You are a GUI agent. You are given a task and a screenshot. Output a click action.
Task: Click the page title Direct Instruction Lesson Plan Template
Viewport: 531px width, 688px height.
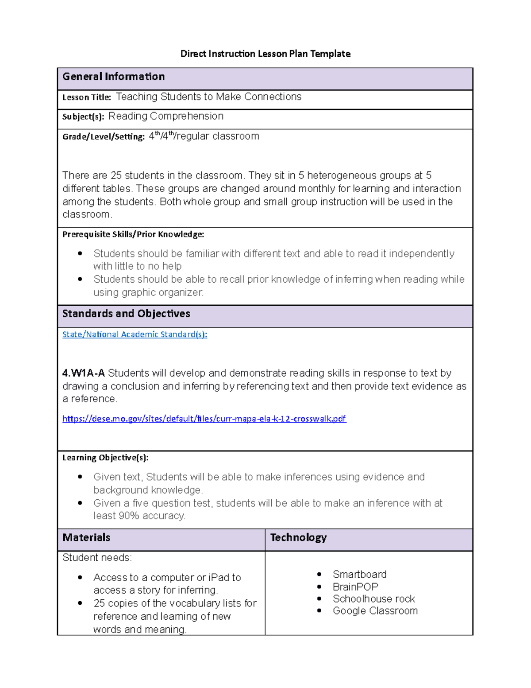point(265,54)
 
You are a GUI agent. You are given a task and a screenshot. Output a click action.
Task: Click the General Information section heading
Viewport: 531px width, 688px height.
point(113,77)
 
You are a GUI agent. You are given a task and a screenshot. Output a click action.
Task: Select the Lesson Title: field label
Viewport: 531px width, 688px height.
point(86,97)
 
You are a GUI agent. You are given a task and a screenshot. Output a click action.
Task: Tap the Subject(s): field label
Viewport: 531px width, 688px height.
point(83,117)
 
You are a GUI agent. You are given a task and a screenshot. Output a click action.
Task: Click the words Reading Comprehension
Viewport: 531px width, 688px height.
point(166,116)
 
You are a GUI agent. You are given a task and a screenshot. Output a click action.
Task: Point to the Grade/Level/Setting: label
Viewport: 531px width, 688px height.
point(103,137)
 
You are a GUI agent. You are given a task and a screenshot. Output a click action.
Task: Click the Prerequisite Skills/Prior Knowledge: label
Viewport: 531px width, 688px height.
point(133,234)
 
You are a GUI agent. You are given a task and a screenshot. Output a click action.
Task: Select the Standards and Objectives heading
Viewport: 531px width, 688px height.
point(126,314)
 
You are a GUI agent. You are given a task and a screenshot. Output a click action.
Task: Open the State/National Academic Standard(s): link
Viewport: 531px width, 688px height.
point(135,334)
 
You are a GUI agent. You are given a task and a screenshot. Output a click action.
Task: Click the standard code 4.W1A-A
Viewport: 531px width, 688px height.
point(83,373)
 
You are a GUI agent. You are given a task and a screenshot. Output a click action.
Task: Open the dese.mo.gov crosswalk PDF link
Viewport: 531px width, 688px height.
point(204,419)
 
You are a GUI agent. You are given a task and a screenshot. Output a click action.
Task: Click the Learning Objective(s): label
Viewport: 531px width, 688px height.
point(105,458)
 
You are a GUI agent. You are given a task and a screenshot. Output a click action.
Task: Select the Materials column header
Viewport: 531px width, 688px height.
point(86,538)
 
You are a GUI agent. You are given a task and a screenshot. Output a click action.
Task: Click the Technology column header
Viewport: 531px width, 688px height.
point(298,538)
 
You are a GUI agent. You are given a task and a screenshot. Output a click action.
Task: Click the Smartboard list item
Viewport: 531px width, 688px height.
point(359,575)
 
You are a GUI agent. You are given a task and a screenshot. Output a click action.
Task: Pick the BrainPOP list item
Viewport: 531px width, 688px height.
point(355,587)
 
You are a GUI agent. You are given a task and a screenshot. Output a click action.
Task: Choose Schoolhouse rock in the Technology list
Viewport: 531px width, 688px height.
point(373,599)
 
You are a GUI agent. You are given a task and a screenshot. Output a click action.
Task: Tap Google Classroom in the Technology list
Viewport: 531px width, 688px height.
point(375,611)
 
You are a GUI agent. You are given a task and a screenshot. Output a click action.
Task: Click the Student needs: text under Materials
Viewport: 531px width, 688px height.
point(97,558)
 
